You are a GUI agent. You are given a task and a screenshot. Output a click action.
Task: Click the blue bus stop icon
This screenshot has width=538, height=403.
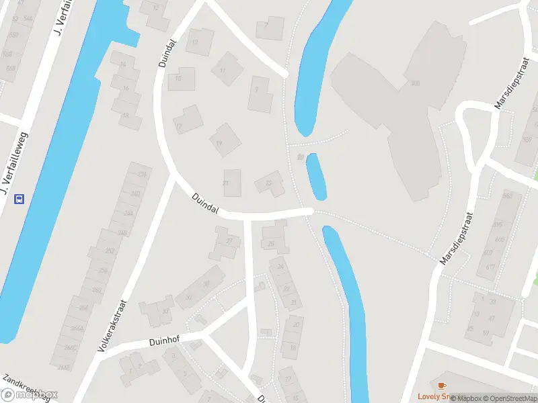pos(20,198)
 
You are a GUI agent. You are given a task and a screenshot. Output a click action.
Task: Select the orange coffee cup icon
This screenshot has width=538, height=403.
pos(441,386)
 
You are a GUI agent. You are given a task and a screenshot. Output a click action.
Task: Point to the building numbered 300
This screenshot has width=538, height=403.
pos(415,83)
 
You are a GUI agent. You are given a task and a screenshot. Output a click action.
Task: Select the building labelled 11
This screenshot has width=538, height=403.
pos(223,70)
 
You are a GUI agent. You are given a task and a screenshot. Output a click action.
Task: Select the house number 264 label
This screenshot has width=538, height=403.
pos(83,308)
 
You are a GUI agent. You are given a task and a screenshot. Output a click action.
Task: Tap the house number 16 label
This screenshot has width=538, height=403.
pos(125,89)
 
